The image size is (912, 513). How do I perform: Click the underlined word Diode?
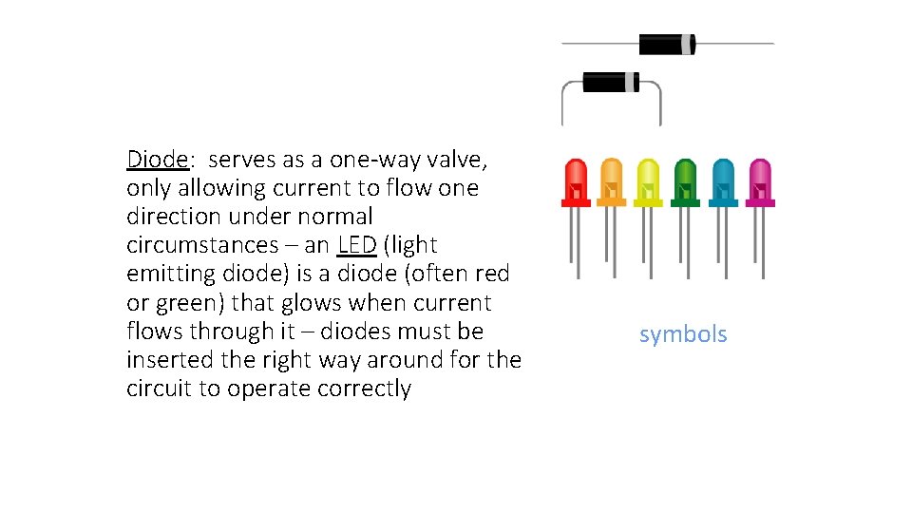tap(157, 159)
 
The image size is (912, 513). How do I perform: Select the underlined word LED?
tap(357, 245)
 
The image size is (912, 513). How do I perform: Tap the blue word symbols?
tap(683, 334)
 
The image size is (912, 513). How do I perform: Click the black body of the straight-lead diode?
tap(667, 44)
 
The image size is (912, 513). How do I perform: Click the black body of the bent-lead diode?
tap(610, 83)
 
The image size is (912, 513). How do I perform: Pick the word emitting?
tap(166, 274)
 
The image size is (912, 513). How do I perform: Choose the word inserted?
tap(167, 360)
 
